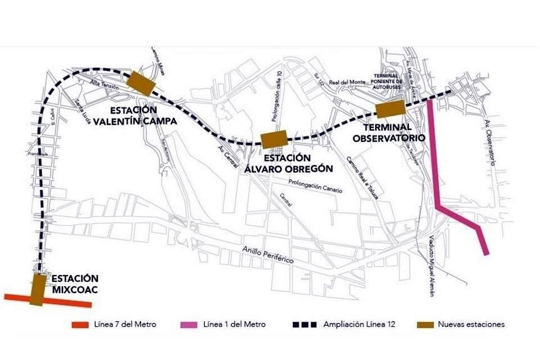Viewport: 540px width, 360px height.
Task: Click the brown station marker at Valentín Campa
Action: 141,83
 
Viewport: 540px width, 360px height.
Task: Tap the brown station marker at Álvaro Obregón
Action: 274,138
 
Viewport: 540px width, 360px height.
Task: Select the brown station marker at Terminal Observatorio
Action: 390,109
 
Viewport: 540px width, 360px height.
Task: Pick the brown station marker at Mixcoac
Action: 39,290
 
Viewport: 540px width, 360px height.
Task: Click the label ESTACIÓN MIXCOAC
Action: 75,284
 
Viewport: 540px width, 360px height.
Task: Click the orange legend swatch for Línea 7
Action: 80,325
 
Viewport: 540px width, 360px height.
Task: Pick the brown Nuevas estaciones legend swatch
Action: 426,325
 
